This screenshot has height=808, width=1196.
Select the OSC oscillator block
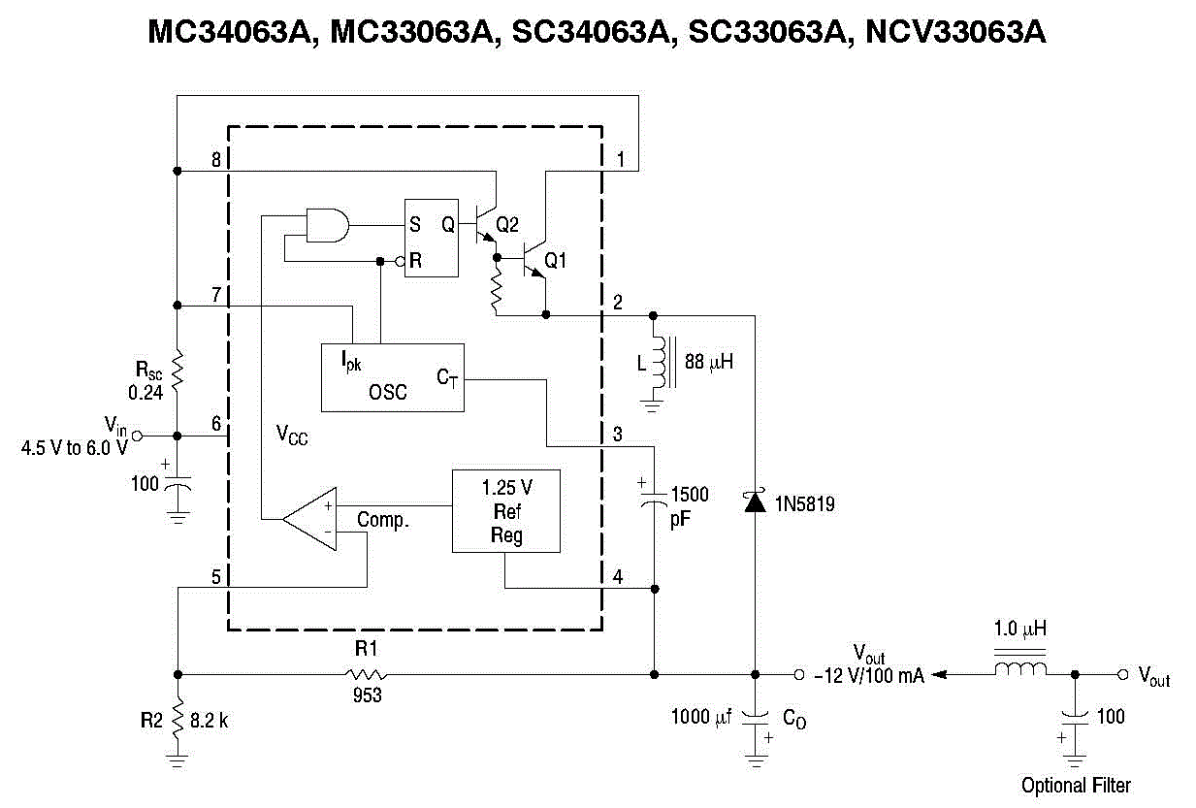(x=392, y=377)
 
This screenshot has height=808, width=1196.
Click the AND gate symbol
(x=327, y=225)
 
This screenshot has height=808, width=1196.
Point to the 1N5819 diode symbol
(x=754, y=501)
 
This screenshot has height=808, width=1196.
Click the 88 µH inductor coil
(x=660, y=360)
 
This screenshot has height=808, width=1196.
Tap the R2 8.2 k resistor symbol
(x=178, y=721)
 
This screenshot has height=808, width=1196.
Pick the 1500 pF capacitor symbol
(x=655, y=496)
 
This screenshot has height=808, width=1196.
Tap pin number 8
(x=216, y=158)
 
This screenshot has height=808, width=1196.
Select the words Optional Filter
(x=1076, y=785)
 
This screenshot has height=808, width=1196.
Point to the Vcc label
(x=291, y=436)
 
